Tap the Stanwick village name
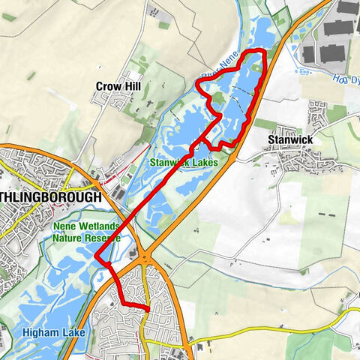[x=289, y=139]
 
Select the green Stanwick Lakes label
[x=184, y=161]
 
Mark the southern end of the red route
[x=148, y=309]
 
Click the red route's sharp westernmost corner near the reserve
[x=96, y=257]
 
